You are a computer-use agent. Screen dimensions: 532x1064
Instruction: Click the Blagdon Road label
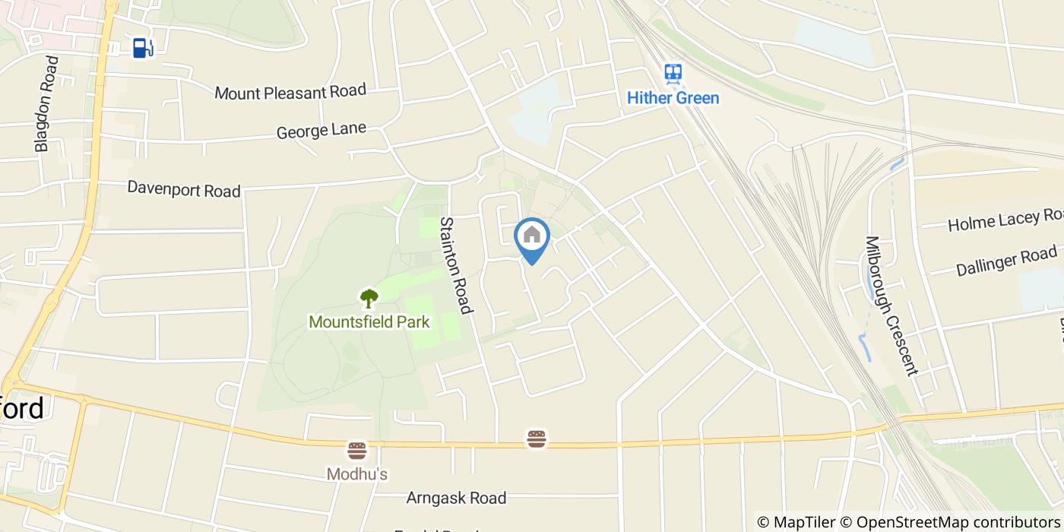tap(46, 104)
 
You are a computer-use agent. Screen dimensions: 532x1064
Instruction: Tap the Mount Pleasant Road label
tap(290, 92)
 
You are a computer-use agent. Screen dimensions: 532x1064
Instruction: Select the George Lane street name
tap(321, 131)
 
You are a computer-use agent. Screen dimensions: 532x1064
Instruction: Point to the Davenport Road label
tap(184, 188)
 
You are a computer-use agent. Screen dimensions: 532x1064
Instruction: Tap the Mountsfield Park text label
tap(369, 322)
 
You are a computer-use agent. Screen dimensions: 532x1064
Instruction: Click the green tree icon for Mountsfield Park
tap(369, 298)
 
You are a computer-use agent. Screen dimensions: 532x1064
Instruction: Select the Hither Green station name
tap(673, 98)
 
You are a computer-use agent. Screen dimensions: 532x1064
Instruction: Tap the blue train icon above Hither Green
tap(673, 74)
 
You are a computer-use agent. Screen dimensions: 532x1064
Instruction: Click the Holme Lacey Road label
tap(1005, 220)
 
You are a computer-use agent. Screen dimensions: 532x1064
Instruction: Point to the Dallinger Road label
tap(1006, 260)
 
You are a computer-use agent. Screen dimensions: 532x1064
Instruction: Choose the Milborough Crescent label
tap(891, 306)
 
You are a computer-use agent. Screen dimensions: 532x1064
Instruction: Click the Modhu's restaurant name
tap(357, 474)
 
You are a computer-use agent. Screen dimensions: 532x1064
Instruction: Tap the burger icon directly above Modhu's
tap(357, 451)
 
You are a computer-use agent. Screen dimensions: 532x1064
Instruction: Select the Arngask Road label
tap(456, 499)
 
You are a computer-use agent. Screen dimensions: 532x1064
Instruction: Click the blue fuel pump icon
tap(142, 48)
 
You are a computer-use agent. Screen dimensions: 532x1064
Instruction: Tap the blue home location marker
tap(532, 236)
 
